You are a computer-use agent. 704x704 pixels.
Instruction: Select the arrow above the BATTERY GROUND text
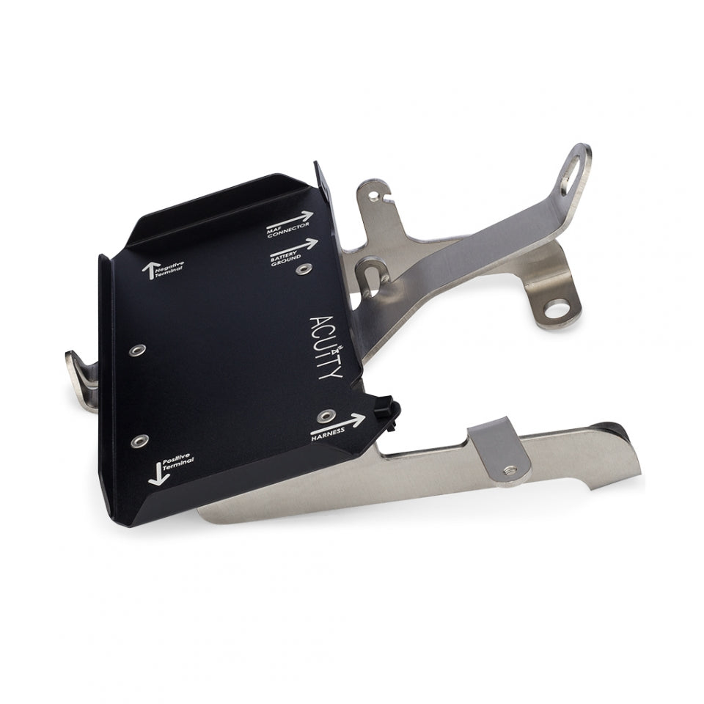tap(296, 246)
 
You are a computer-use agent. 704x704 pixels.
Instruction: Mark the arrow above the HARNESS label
tap(338, 423)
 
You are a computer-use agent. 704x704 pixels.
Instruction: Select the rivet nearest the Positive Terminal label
tap(139, 441)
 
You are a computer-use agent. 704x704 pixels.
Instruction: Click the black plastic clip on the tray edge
tap(388, 413)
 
